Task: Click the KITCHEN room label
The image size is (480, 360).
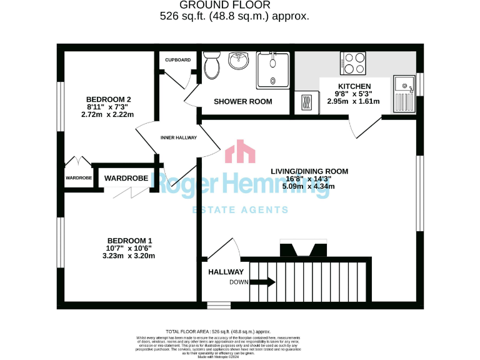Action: [x=354, y=86]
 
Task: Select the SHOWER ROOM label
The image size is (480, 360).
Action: [x=243, y=101]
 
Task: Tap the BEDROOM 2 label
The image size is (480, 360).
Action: [x=108, y=99]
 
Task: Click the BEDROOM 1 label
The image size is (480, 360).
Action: [x=129, y=241]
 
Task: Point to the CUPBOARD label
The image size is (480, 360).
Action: [x=177, y=60]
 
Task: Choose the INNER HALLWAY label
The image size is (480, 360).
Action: [x=179, y=137]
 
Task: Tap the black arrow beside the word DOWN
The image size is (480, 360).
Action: [x=262, y=282]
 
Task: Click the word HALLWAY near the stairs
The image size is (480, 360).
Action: [x=226, y=272]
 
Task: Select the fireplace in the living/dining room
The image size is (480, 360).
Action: [x=304, y=249]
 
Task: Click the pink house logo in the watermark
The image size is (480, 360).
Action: [x=240, y=152]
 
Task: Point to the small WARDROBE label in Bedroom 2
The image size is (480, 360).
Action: [x=79, y=178]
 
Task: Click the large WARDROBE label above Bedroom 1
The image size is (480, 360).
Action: [x=126, y=178]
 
